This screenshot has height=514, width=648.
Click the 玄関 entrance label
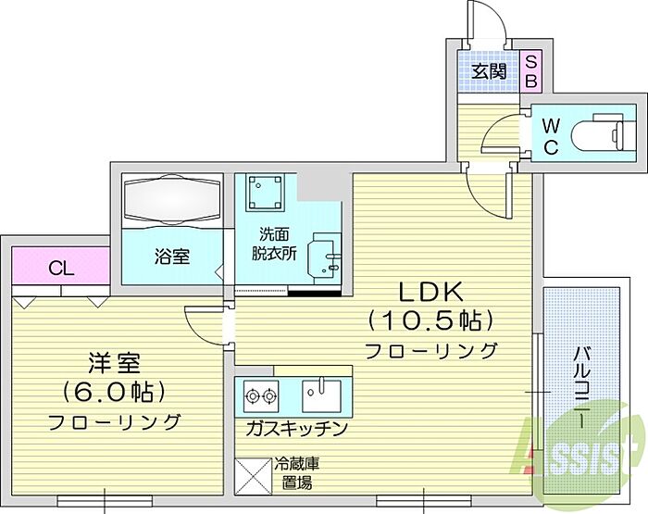(489, 72)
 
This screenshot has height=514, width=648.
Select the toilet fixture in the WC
(598, 133)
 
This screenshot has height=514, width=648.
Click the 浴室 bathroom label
(172, 256)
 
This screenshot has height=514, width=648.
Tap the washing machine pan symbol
(267, 192)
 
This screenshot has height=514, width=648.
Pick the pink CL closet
(61, 266)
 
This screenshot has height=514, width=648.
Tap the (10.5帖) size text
(430, 320)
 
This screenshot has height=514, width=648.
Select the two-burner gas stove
(260, 396)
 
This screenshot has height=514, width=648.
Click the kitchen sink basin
(321, 395)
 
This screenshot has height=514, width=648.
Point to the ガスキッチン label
(295, 429)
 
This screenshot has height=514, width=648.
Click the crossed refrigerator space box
(254, 476)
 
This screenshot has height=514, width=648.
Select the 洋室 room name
(114, 363)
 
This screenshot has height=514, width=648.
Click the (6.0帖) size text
(114, 391)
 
